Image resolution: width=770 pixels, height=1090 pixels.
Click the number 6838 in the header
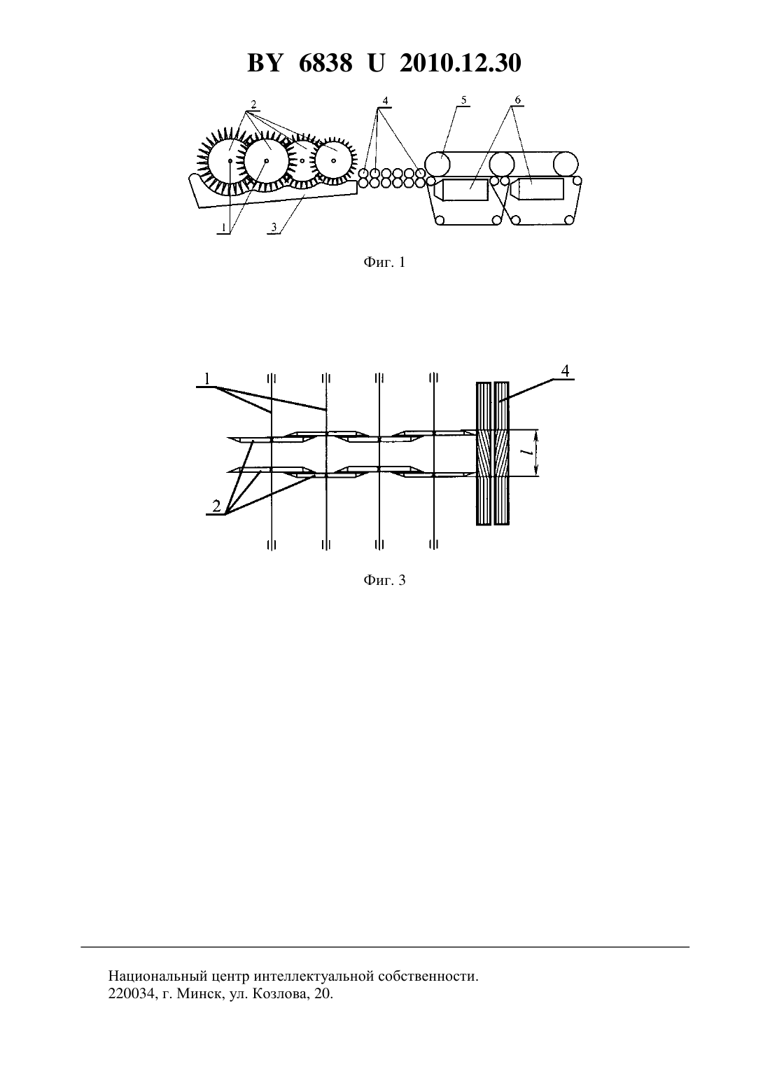tap(325, 63)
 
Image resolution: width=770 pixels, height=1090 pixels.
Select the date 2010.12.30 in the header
tap(461, 63)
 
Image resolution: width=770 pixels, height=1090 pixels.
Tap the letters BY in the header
tap(265, 63)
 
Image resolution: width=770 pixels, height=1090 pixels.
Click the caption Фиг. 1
tap(384, 263)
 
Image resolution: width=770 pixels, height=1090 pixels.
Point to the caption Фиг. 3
tap(384, 580)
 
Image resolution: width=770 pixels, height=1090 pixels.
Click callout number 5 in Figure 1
tap(463, 100)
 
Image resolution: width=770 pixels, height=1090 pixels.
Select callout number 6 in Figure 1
tap(517, 99)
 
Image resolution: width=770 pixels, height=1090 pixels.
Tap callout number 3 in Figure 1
tap(274, 227)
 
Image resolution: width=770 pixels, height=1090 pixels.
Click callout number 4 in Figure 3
tap(565, 371)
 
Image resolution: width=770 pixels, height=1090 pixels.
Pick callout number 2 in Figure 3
tap(216, 506)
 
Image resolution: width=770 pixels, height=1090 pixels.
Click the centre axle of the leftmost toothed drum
tap(230, 161)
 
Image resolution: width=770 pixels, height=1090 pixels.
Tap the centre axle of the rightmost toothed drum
tap(333, 160)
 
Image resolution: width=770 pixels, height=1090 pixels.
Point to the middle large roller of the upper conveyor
tap(502, 164)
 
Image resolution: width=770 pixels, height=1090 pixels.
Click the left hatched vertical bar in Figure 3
tap(483, 453)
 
